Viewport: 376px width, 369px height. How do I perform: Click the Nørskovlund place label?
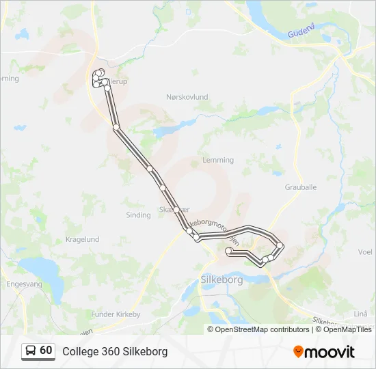(x=187, y=98)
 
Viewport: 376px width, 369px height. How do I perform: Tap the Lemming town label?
(x=218, y=161)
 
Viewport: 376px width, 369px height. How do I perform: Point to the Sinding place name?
(x=138, y=215)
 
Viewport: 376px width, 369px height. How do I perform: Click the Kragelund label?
(x=82, y=240)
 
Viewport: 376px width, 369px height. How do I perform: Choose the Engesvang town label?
(x=24, y=284)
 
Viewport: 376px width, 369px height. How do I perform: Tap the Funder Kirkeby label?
(x=116, y=314)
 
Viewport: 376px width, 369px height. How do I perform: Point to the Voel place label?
(x=365, y=251)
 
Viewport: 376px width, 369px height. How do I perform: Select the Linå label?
(x=362, y=313)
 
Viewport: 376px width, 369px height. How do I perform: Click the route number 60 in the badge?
(x=46, y=351)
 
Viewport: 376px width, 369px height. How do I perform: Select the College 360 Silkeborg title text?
(x=115, y=351)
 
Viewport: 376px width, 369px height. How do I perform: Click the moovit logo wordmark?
(x=330, y=352)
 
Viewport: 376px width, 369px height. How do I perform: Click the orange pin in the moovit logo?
(x=298, y=352)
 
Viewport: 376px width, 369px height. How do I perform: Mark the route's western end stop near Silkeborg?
(x=228, y=251)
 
